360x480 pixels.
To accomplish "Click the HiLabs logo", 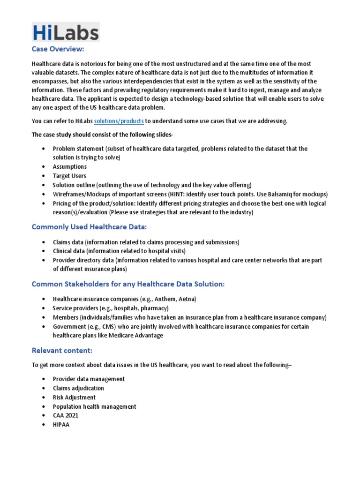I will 66,33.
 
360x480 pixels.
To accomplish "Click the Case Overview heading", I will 58,49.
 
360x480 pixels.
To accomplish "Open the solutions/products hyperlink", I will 119,121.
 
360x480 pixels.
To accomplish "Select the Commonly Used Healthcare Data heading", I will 89,227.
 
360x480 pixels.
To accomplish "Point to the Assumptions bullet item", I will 69,166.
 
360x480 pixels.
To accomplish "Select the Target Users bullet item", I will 69,176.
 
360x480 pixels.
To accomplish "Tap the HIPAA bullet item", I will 61,425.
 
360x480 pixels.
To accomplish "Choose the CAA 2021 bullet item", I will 65,416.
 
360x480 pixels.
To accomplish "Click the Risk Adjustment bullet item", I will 74,397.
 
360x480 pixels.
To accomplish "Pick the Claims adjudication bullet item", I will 78,388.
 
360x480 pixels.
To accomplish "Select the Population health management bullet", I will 94,406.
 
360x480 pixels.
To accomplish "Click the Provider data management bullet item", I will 89,379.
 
